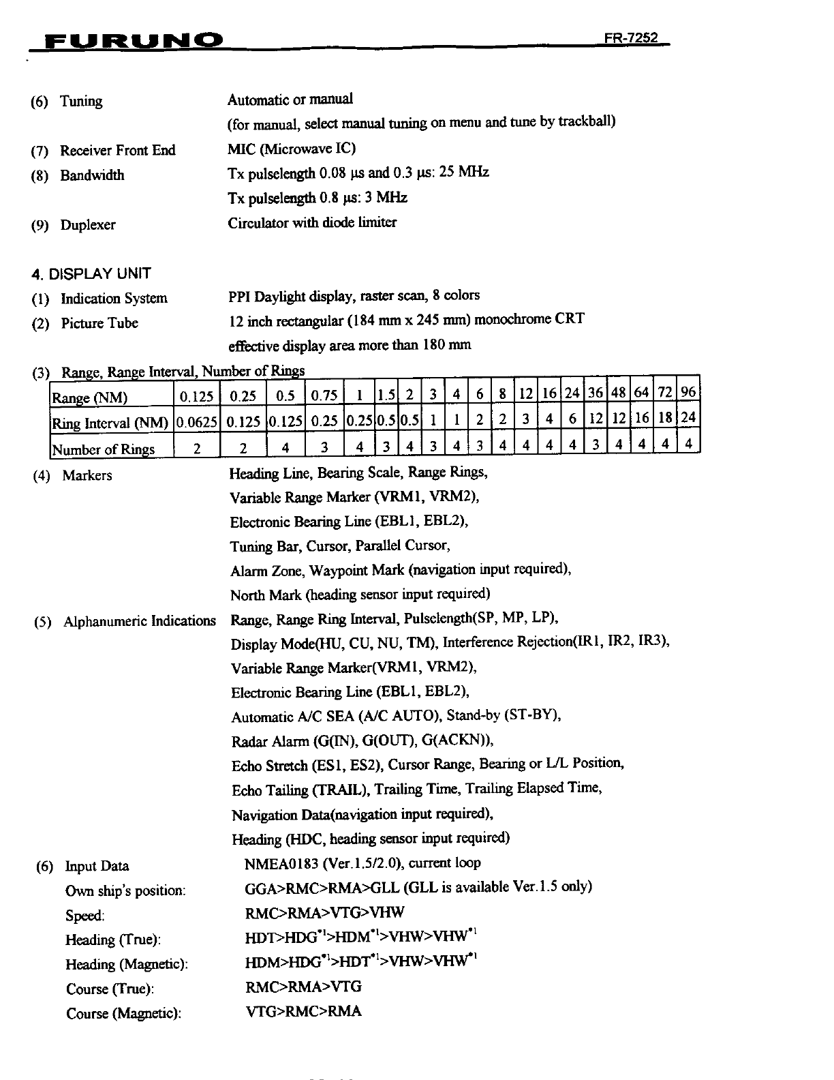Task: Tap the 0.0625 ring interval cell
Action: click(x=197, y=423)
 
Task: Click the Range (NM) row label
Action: click(x=90, y=397)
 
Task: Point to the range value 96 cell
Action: click(x=688, y=393)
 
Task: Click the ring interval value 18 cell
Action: click(x=666, y=417)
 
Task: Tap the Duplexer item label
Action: click(x=88, y=225)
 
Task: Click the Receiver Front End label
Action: click(x=117, y=150)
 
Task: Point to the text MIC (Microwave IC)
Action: click(x=292, y=148)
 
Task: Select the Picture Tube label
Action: click(x=99, y=323)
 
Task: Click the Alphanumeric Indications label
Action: click(x=139, y=621)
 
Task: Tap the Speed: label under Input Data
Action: click(x=85, y=916)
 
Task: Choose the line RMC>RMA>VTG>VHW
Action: click(x=324, y=912)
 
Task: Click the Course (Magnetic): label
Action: click(x=123, y=1014)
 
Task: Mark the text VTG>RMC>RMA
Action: click(x=303, y=1011)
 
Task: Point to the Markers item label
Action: click(x=87, y=475)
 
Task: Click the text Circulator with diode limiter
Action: click(x=312, y=222)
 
